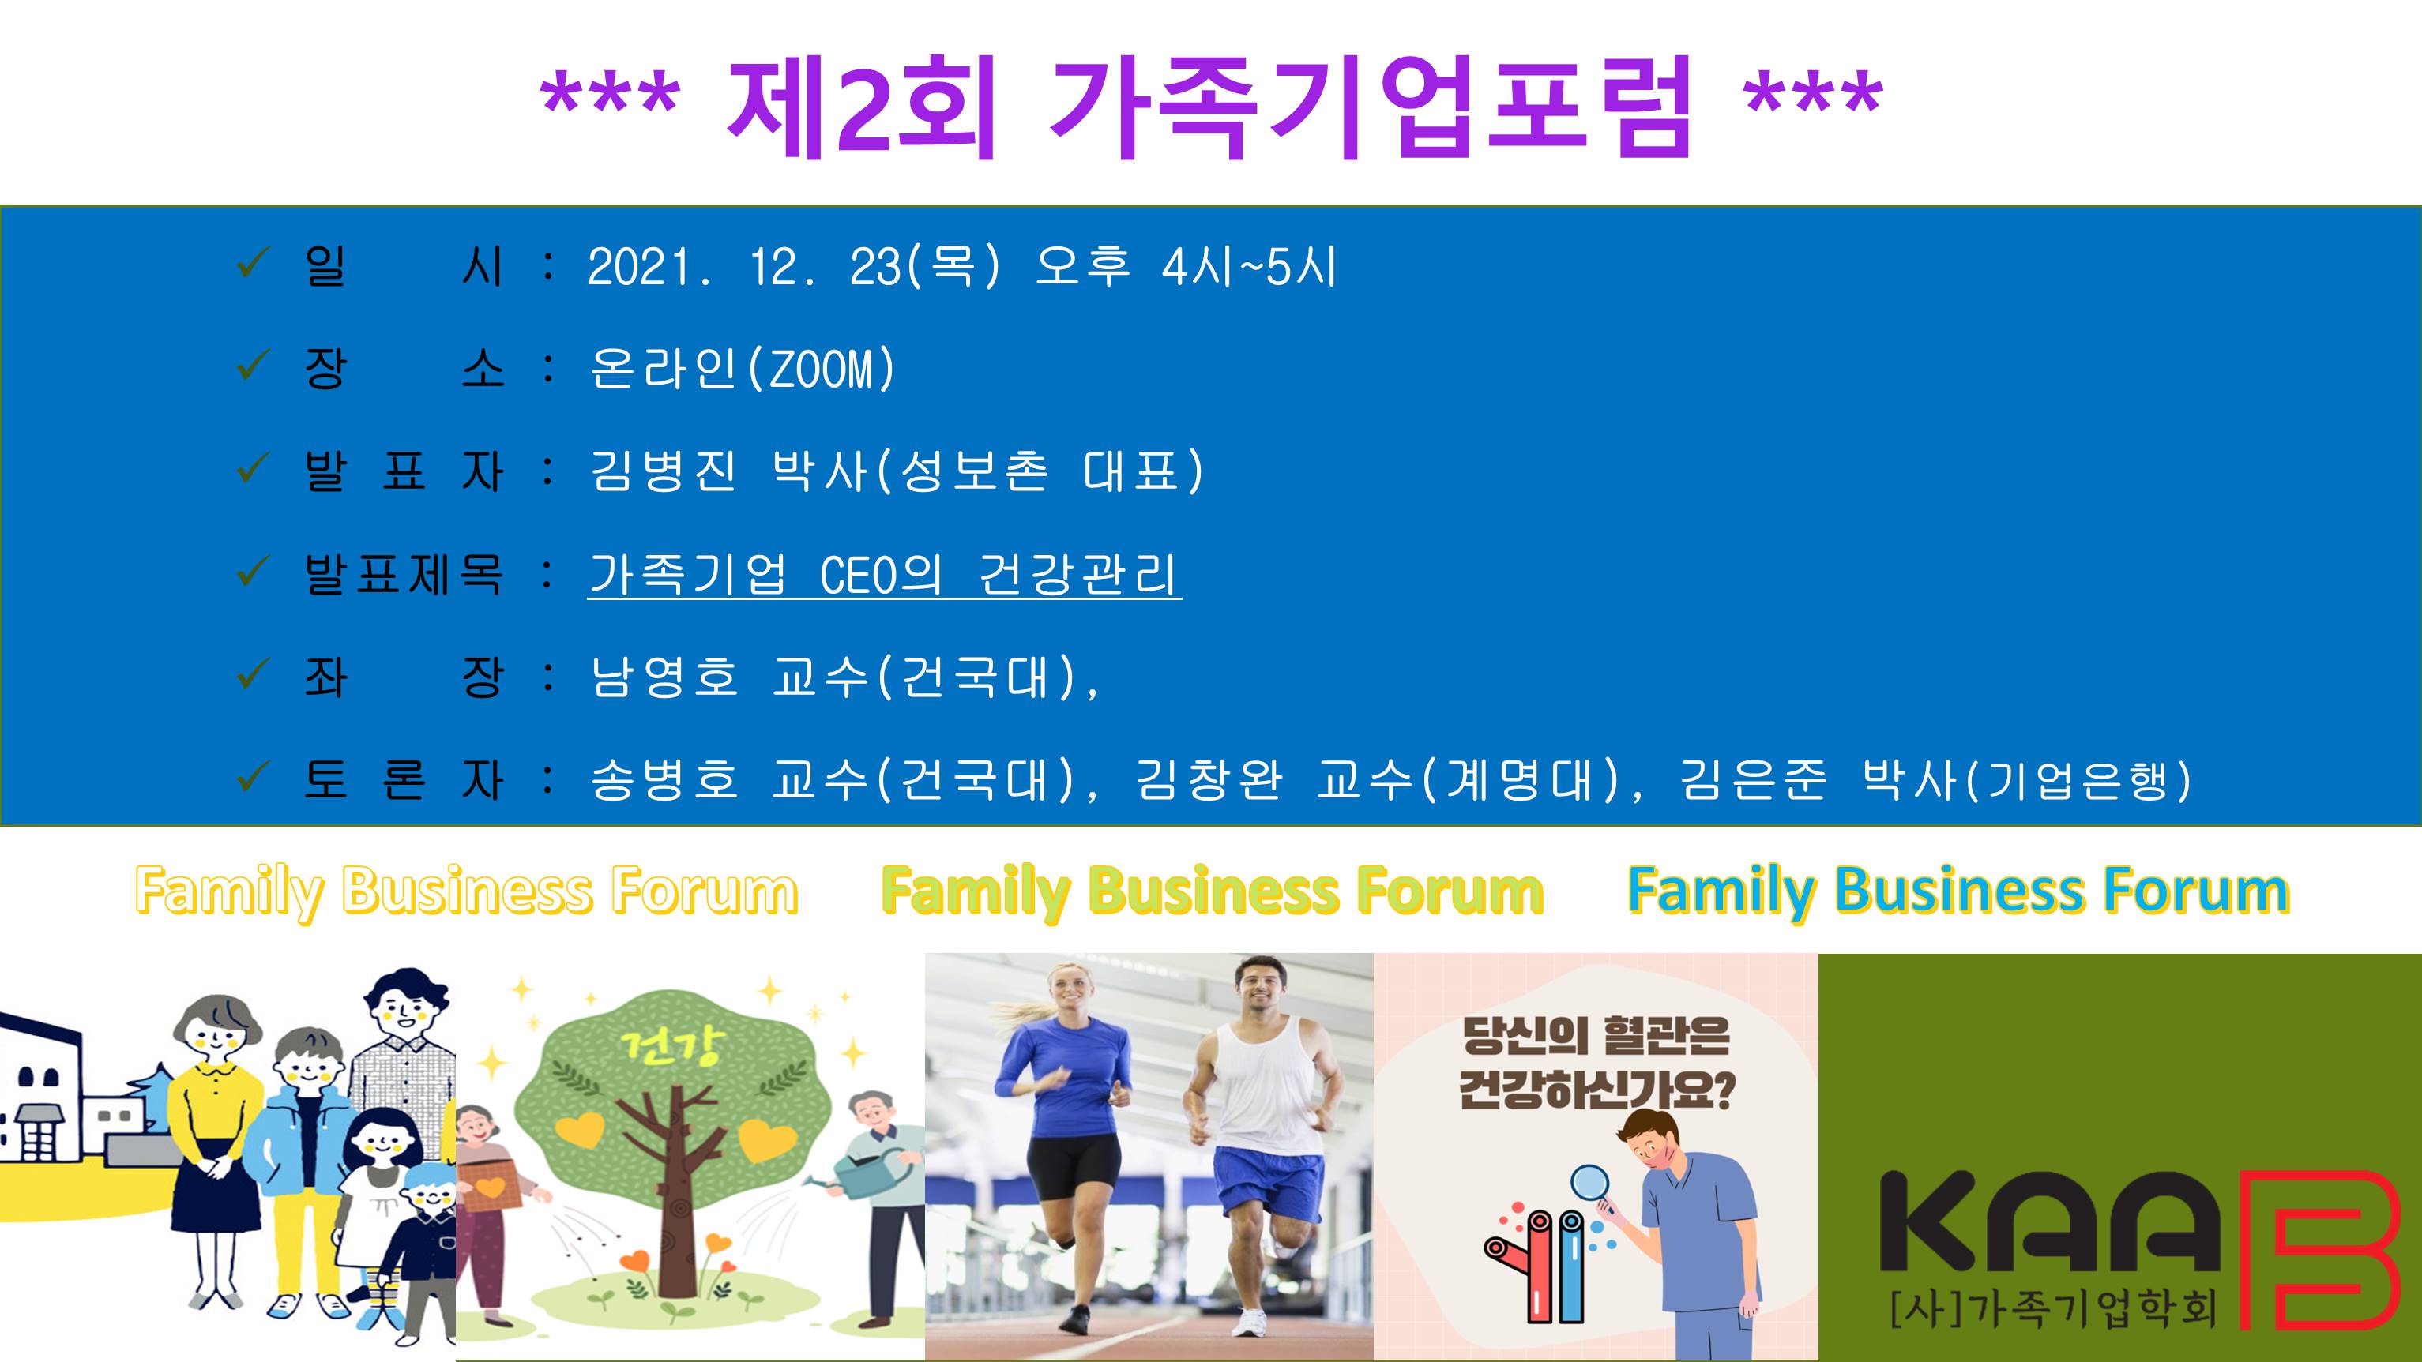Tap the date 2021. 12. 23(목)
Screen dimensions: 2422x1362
coord(795,266)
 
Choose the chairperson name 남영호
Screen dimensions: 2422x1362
coord(664,677)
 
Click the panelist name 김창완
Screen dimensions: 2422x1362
coord(1209,779)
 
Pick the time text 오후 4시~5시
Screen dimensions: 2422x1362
coord(1186,266)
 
